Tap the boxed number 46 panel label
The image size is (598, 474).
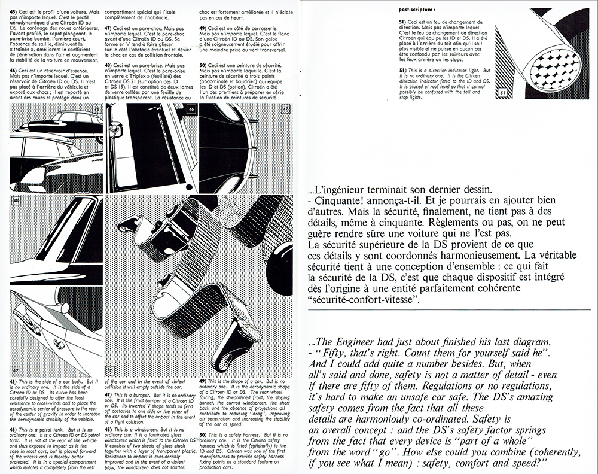191,110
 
